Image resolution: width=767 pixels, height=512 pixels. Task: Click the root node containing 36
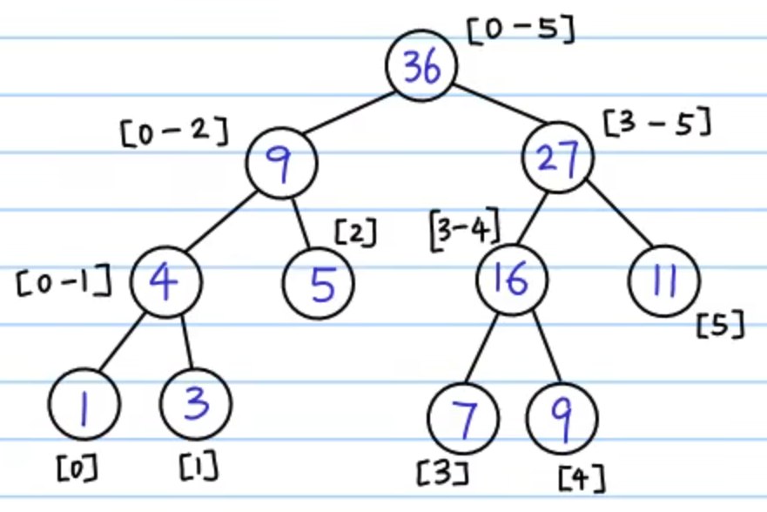tap(421, 65)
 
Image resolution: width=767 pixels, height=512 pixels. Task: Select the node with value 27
tap(558, 157)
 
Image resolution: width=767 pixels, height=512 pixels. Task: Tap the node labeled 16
tap(512, 280)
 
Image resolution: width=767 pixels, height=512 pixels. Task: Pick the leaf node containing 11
tap(664, 281)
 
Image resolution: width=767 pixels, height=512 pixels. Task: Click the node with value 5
tap(319, 284)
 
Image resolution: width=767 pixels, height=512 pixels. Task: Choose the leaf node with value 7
tap(463, 419)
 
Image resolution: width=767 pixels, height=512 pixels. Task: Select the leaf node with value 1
tap(84, 404)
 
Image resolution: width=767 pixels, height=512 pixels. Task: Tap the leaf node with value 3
tap(196, 404)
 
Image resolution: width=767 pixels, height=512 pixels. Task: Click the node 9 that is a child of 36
tap(282, 163)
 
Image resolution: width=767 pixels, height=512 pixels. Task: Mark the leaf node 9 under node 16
tap(562, 419)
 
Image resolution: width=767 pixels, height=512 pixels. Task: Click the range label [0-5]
tap(521, 30)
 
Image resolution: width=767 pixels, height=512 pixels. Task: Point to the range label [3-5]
tap(657, 122)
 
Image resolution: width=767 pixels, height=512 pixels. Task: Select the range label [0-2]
tap(175, 131)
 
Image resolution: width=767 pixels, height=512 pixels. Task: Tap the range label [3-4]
tap(465, 229)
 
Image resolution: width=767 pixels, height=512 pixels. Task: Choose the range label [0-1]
tap(64, 281)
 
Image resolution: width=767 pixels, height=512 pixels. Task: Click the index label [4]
tap(582, 479)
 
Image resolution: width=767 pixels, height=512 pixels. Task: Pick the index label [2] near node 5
tap(356, 232)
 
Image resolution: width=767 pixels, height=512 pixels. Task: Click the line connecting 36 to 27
tap(500, 104)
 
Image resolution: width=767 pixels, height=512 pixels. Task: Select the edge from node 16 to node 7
tap(481, 348)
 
